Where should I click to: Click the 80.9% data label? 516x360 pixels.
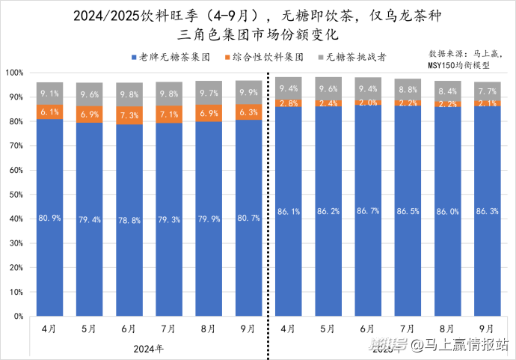click(50, 218)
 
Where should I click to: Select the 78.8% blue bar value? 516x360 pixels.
click(128, 220)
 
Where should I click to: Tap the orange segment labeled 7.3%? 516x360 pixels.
click(128, 115)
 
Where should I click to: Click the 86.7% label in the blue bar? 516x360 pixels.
click(367, 212)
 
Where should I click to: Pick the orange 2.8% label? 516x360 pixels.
click(289, 103)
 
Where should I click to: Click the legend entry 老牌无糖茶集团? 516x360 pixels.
click(176, 56)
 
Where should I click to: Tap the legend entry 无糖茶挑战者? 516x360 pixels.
click(361, 56)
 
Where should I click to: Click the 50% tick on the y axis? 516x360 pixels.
click(15, 195)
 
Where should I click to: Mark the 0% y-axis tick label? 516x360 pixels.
click(18, 317)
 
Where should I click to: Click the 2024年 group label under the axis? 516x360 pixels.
click(147, 348)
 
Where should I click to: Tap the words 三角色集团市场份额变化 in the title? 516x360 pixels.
click(259, 34)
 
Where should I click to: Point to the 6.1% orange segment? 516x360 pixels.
click(50, 112)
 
